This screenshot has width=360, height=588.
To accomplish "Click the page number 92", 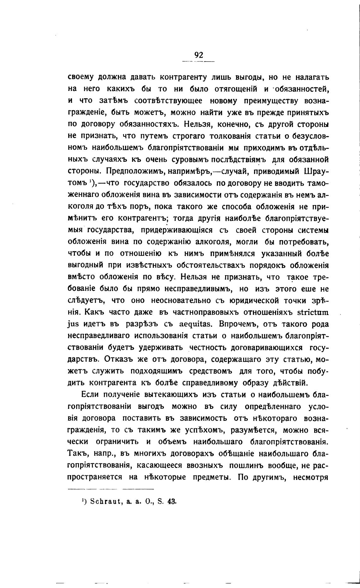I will (199, 55).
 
